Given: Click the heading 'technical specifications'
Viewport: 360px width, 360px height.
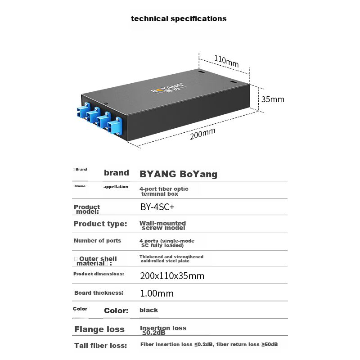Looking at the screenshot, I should point(179,19).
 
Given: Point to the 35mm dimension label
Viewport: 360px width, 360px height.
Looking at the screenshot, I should point(273,99).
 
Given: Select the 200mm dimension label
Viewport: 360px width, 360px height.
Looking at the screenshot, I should point(202,134).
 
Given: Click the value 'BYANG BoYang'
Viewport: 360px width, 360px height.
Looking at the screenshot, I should point(178,174).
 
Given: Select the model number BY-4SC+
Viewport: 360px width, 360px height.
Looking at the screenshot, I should point(156,208).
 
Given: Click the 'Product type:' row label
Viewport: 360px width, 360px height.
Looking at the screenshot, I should point(100,224).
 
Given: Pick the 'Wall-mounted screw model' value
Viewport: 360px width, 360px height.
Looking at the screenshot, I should point(162,225).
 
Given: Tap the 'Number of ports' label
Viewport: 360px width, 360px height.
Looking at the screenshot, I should point(97,241).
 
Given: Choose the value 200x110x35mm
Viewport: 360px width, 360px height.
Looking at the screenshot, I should point(172,276).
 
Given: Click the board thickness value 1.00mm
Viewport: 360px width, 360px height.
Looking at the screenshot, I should point(157,293).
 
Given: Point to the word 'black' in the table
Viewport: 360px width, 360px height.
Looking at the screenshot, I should point(148,310).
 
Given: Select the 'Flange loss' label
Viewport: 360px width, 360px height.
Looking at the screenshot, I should point(99,329).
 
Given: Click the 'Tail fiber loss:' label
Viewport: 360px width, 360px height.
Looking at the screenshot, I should point(100,346).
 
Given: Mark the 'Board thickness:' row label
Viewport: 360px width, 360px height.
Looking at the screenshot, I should point(99,293).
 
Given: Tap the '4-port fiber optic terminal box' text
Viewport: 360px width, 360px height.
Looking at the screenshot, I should point(164,191).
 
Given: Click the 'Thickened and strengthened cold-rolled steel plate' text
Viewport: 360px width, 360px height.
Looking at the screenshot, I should point(171,259).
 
